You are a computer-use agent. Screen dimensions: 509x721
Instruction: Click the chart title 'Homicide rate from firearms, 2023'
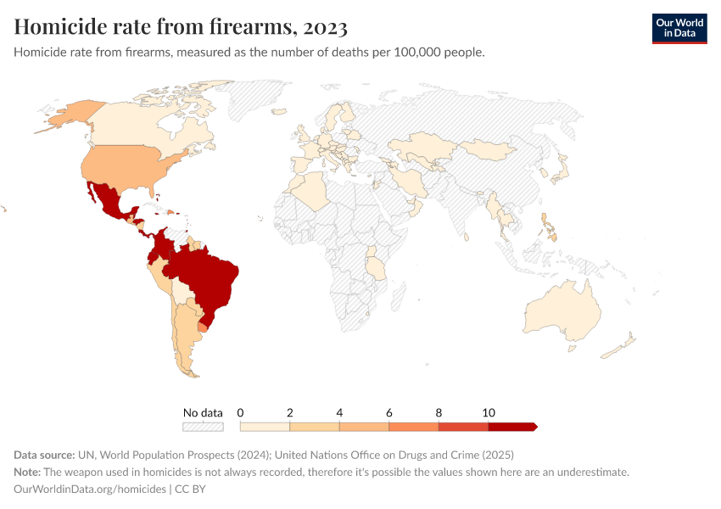coord(181,27)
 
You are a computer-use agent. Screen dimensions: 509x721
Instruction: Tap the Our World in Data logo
coord(679,28)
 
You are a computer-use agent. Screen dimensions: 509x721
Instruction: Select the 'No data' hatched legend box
coord(203,427)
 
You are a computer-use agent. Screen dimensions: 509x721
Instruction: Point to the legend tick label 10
coord(489,412)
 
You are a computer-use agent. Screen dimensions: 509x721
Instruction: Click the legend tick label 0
coord(241,412)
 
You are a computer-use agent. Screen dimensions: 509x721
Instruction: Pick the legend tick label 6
coord(389,412)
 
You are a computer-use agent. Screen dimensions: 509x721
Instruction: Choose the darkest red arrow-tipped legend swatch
coord(512,427)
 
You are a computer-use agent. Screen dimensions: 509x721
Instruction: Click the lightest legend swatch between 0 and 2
coord(265,427)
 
